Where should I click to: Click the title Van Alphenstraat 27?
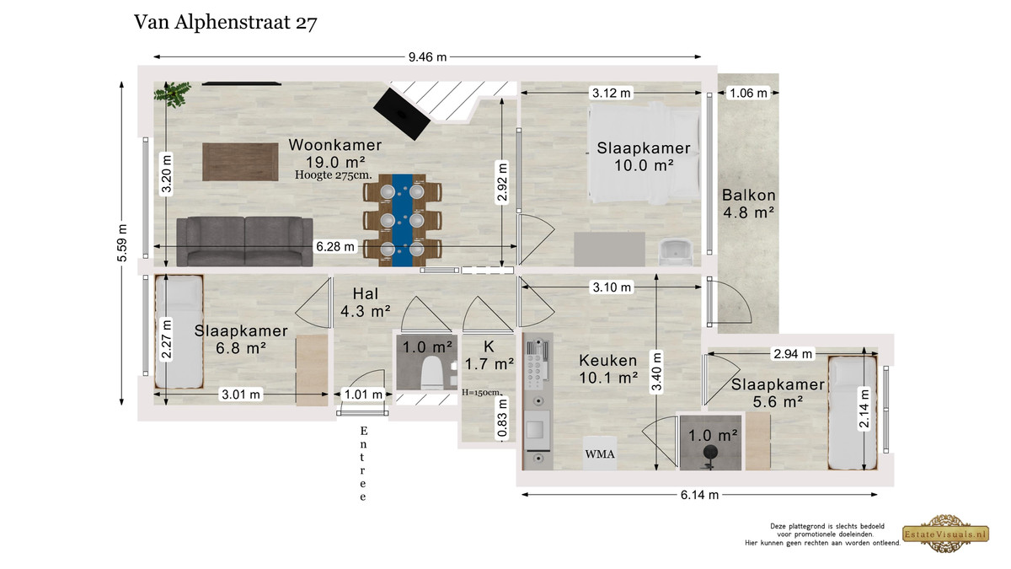226,23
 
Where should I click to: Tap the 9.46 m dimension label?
427,57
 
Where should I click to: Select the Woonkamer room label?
335,145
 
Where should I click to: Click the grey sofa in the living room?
244,242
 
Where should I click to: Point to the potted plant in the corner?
172,94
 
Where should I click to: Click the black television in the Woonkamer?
402,115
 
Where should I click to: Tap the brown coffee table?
240,162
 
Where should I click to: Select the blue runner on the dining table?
402,220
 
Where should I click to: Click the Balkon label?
749,195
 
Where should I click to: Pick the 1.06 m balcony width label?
748,93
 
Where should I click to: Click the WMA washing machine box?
600,453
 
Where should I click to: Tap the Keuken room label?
608,361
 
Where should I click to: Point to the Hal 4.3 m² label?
365,303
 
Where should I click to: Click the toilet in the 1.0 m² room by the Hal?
431,373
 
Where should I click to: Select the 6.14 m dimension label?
699,495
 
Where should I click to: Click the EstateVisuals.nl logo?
945,534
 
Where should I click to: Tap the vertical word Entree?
363,464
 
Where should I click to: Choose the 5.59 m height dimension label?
122,243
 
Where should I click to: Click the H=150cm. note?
482,393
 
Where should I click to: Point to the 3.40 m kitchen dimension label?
656,372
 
